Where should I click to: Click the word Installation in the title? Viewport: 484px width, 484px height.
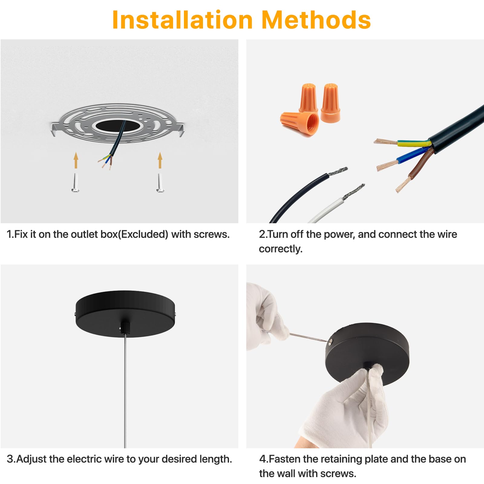tap(182, 20)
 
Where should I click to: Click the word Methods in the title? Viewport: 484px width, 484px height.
tap(316, 20)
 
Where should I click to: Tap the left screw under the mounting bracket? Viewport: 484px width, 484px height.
tap(75, 182)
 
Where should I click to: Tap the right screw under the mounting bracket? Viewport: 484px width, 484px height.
tap(160, 182)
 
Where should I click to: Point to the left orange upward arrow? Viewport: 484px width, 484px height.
tap(76, 160)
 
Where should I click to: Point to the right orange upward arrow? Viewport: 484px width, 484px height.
tap(160, 160)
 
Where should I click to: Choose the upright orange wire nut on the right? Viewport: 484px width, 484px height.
tap(330, 103)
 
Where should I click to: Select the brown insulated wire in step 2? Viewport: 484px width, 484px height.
tap(420, 165)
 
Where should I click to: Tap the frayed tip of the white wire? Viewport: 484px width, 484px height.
tap(354, 191)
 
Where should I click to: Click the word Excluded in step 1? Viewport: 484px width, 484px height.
tap(143, 234)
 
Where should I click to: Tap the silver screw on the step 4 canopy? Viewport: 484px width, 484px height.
tap(330, 342)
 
